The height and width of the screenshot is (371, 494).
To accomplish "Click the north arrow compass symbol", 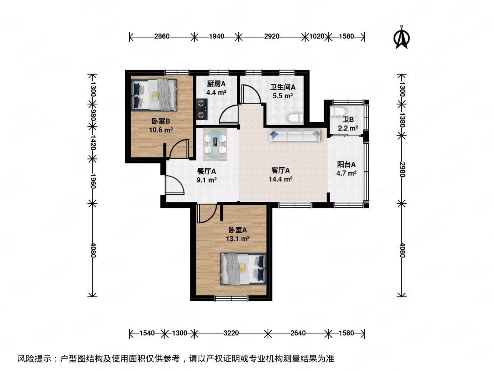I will (402, 37).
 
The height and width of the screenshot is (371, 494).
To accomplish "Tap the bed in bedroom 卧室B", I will (155, 95).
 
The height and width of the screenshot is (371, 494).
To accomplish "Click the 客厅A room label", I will (281, 171).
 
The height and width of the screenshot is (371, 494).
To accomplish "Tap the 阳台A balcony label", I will (346, 164).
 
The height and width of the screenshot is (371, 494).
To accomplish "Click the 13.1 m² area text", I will (238, 239).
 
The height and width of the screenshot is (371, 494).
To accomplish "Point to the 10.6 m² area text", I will (161, 130).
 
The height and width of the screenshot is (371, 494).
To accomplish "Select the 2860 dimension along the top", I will (162, 36).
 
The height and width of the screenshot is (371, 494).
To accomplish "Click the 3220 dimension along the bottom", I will (231, 333).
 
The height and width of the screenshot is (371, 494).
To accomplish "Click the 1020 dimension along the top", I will (316, 36).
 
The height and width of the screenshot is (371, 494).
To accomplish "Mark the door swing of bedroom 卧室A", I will (206, 214).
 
